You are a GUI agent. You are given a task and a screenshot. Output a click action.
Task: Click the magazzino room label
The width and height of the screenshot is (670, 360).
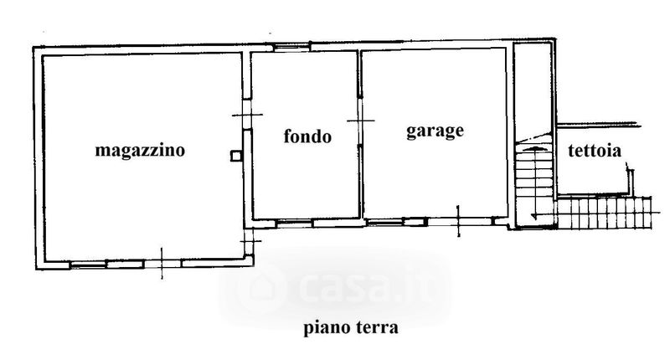point(140,151)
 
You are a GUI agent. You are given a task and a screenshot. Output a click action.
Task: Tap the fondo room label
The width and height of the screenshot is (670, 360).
point(307,136)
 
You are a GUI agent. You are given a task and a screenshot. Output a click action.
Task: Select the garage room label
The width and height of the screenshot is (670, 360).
point(435,131)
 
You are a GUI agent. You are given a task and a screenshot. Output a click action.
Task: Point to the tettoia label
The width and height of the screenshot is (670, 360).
point(593,152)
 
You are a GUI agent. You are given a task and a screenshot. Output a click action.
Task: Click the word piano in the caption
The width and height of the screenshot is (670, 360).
point(325,327)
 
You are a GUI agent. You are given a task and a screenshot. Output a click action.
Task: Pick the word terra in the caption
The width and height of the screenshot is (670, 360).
point(377,327)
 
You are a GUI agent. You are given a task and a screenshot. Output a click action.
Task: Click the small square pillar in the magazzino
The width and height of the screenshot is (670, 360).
point(236,153)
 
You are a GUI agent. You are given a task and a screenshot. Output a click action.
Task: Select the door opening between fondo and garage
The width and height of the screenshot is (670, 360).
point(361,123)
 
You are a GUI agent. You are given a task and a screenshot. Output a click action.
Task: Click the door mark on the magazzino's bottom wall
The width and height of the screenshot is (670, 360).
point(162,262)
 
